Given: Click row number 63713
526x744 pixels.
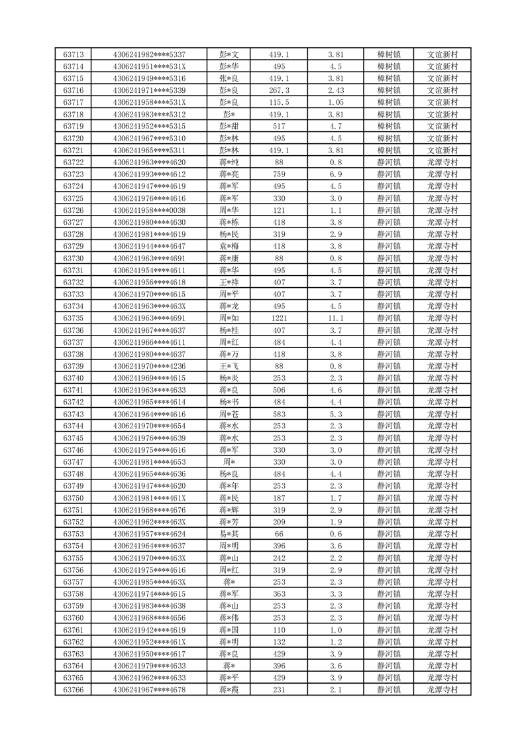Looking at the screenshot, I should (x=73, y=54).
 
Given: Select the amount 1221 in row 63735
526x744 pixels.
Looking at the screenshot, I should (x=278, y=318).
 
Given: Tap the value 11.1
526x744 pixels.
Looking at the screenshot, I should (x=335, y=318).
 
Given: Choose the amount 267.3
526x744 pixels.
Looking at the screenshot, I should (x=278, y=90).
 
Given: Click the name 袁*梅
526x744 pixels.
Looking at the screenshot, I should (x=229, y=246).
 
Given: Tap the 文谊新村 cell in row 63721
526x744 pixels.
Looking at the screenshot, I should (x=442, y=151).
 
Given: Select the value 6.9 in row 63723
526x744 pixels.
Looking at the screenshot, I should (x=335, y=174).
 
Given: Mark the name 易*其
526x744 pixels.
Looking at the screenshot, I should (x=229, y=534).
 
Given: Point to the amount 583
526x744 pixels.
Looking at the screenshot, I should (x=278, y=414).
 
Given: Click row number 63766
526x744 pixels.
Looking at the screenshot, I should (x=73, y=690).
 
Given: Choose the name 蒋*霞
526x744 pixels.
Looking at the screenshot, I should (x=229, y=690).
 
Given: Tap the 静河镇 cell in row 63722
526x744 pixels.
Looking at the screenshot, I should (x=389, y=162).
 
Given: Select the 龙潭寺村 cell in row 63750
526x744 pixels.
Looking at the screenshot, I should (x=442, y=498).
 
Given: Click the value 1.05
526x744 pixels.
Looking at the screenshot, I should (x=335, y=102).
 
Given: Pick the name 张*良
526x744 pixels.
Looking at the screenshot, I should (x=229, y=78).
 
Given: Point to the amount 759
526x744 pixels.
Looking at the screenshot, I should (x=278, y=174).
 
